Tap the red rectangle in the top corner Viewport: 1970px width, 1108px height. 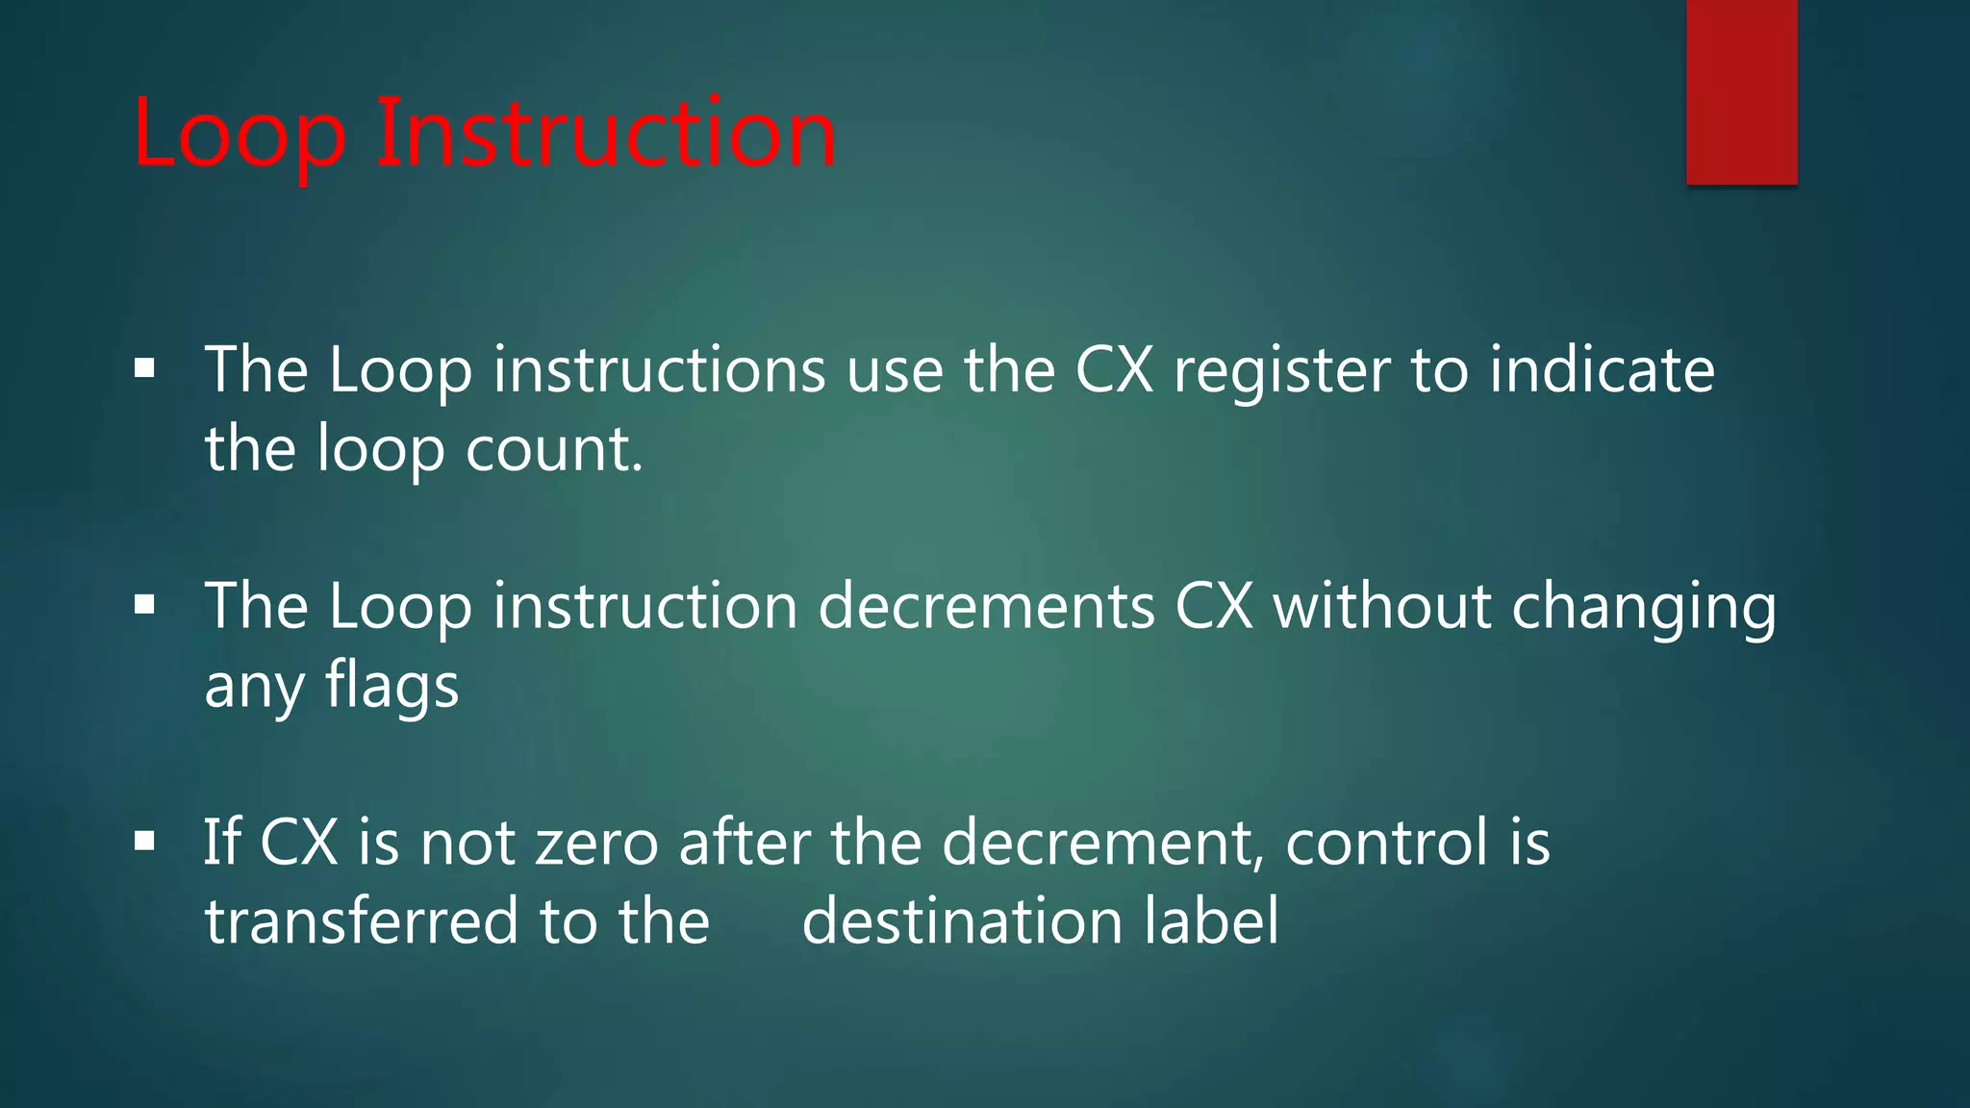(1741, 91)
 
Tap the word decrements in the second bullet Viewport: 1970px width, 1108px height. (986, 607)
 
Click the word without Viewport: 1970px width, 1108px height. (1381, 607)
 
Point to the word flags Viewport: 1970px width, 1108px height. (391, 686)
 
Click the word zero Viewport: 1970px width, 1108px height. (596, 843)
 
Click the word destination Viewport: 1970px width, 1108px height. (962, 921)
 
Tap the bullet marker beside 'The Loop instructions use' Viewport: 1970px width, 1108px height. (145, 368)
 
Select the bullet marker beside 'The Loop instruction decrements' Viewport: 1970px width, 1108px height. (145, 605)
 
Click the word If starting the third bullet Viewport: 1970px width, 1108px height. (220, 843)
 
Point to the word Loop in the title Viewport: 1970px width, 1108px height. (240, 135)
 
